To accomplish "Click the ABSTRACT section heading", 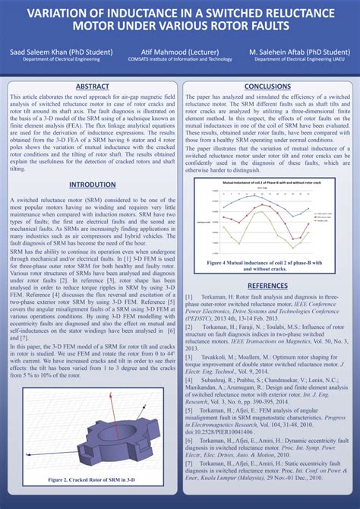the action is pos(92,87).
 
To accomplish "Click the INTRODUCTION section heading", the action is pos(92,185).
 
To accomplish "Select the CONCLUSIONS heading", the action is pos(267,87).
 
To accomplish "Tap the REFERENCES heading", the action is pos(267,285).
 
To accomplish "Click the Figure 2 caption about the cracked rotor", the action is pos(92,480).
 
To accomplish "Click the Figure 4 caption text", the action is pos(267,266).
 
